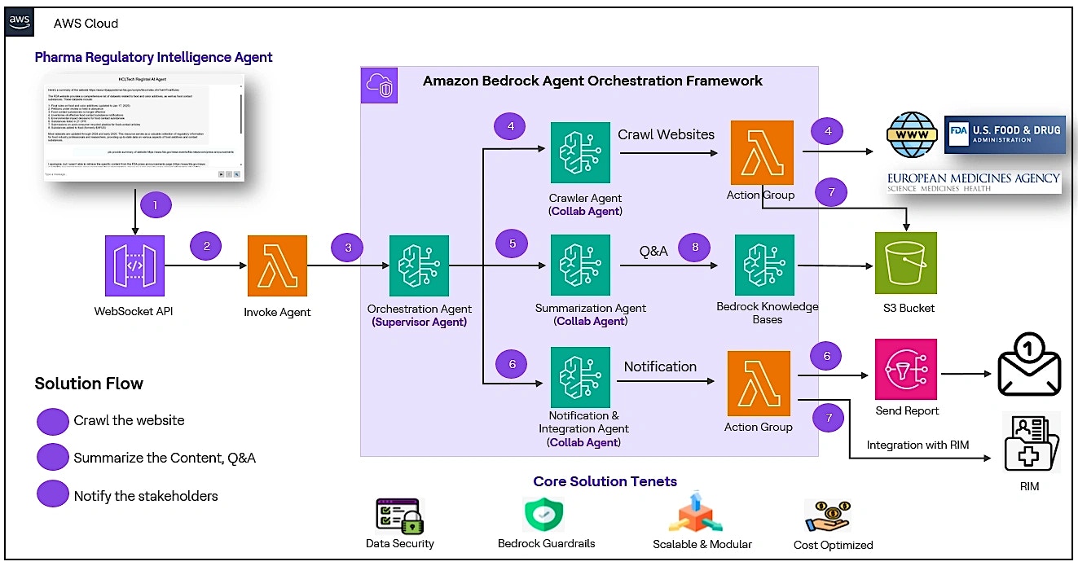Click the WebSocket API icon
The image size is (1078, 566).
(x=134, y=265)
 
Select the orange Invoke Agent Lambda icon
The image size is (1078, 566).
(x=277, y=265)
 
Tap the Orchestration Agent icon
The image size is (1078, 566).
(x=419, y=265)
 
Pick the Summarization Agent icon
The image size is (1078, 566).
(x=580, y=265)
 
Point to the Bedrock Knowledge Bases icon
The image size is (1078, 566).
(x=765, y=265)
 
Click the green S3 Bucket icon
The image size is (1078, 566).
(x=905, y=263)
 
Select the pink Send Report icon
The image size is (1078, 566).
(x=906, y=369)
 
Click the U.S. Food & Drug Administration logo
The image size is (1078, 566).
(x=1004, y=134)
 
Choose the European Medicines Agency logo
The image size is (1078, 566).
(x=974, y=182)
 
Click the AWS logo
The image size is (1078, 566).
(x=20, y=22)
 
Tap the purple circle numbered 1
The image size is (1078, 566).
(x=154, y=204)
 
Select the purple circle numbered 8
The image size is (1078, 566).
(x=694, y=248)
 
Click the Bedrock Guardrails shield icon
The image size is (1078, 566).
(x=544, y=515)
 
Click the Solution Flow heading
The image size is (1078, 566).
(x=89, y=384)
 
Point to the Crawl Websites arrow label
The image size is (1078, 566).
(x=666, y=134)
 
